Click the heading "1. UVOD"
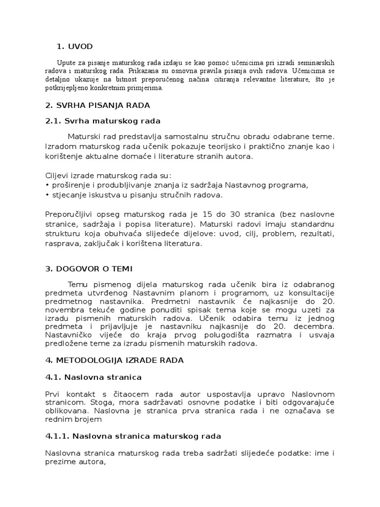pyautogui.click(x=75, y=47)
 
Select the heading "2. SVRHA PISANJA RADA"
pyautogui.click(x=97, y=105)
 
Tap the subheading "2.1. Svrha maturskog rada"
pyautogui.click(x=102, y=121)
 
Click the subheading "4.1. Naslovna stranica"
pyautogui.click(x=93, y=377)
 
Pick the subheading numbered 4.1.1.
pyautogui.click(x=133, y=436)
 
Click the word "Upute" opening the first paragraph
pyautogui.click(x=67, y=63)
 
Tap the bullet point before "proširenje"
pyautogui.click(x=47, y=185)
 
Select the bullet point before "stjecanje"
pyautogui.click(x=47, y=195)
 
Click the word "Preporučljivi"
pyautogui.click(x=70, y=214)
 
